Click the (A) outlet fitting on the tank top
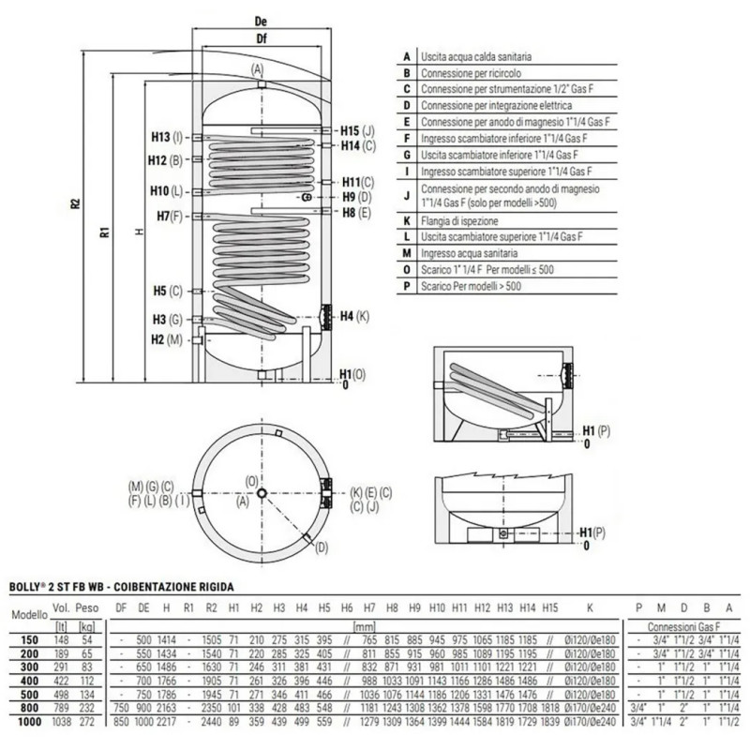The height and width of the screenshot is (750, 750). point(259,85)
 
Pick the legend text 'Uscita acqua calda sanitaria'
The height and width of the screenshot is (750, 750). point(478,57)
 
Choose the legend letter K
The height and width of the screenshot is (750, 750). point(406,220)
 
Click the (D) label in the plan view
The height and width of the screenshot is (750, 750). point(322,547)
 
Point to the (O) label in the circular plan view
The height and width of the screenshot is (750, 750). point(250,481)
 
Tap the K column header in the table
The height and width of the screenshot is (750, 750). point(589,608)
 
